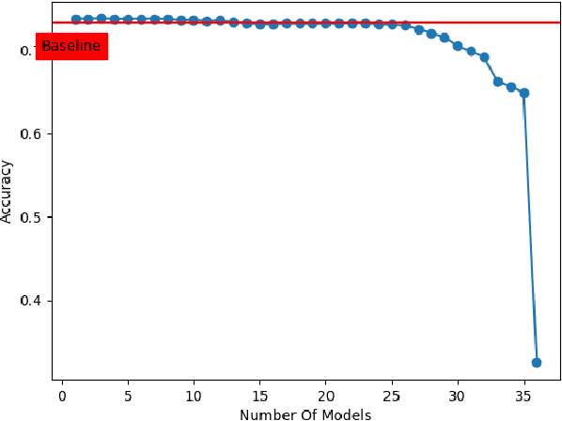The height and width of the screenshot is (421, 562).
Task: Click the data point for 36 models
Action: [x=537, y=362]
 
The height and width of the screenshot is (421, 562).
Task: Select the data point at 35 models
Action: [x=523, y=93]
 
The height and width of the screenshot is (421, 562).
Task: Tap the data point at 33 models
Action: [x=497, y=82]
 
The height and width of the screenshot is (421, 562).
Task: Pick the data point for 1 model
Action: [x=75, y=19]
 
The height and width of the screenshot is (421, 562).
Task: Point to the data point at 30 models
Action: [x=458, y=45]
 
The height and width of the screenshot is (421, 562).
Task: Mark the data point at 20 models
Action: [x=325, y=23]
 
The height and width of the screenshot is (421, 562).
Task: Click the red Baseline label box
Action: [x=71, y=46]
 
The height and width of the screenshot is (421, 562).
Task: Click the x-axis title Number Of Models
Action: [x=305, y=414]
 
